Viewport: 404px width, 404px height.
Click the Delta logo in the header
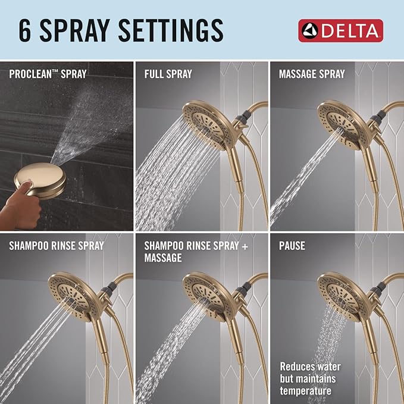341,30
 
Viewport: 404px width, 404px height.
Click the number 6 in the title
24,30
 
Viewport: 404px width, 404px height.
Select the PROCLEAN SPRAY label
47,75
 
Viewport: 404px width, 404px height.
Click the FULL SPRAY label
168,75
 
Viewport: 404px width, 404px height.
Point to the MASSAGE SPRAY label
312,75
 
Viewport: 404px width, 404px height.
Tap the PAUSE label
292,245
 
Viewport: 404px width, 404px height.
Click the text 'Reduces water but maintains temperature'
308,378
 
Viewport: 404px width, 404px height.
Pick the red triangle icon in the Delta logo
307,30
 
